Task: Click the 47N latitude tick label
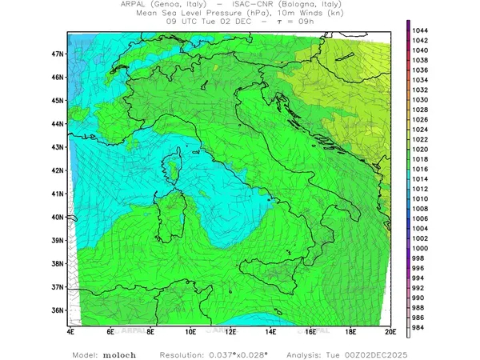coord(58,54)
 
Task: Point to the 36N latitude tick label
coord(58,310)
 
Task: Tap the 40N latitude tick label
coord(58,217)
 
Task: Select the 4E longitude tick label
coord(70,330)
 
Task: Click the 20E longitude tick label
coord(390,330)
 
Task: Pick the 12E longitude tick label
coord(230,330)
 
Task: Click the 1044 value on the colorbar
coord(421,30)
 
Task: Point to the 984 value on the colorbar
coord(419,326)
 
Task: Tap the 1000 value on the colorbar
coord(421,248)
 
